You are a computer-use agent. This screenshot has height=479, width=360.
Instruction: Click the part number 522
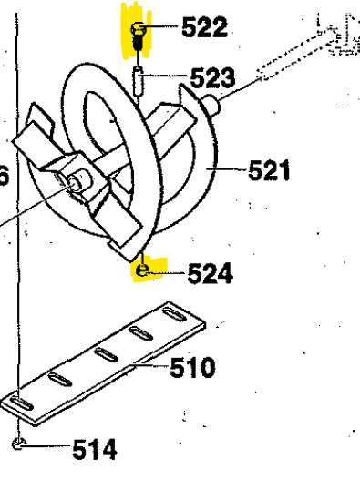point(204,28)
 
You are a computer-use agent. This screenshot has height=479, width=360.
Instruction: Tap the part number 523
point(212,77)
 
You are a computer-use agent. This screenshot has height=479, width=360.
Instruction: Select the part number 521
point(269,170)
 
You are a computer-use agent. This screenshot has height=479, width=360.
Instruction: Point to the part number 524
point(211,272)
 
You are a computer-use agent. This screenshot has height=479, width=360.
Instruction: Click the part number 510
point(193,369)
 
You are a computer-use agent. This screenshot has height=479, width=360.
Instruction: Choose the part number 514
point(94,449)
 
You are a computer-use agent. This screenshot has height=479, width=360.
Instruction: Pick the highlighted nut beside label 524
point(141,270)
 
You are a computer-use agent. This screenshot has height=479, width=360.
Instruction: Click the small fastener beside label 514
point(20,444)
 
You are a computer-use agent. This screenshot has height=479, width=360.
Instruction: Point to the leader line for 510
point(150,368)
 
